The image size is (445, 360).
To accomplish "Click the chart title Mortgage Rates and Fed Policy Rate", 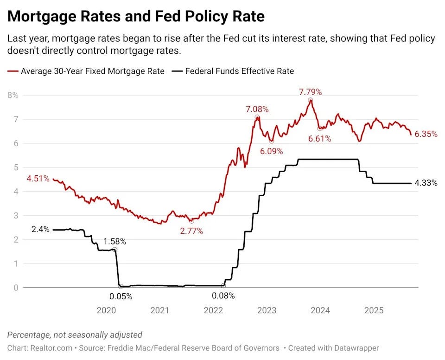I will pos(136,17).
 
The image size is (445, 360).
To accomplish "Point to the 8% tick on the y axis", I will pos(13,95).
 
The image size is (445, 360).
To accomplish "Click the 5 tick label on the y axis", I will pos(16,167).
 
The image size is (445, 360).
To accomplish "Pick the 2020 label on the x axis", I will pos(106,310).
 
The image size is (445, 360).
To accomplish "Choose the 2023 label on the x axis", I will pos(267,310).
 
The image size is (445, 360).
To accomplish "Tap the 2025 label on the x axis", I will pos(374,310).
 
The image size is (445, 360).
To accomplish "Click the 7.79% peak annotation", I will pos(310,92).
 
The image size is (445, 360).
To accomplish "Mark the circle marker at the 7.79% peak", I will pos(310,100).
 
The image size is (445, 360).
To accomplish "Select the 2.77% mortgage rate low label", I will pos(191,231).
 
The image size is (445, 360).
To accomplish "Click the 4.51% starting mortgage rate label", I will pos(38,179).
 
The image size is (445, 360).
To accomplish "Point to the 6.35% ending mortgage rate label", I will pos(426,134).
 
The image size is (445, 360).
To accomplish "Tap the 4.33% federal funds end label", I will pos(426,183).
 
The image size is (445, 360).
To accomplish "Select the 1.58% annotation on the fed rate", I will pos(114,241).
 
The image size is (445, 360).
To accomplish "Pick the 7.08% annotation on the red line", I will pos(257,109).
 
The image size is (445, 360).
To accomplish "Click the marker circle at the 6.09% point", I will pos(272,141).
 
